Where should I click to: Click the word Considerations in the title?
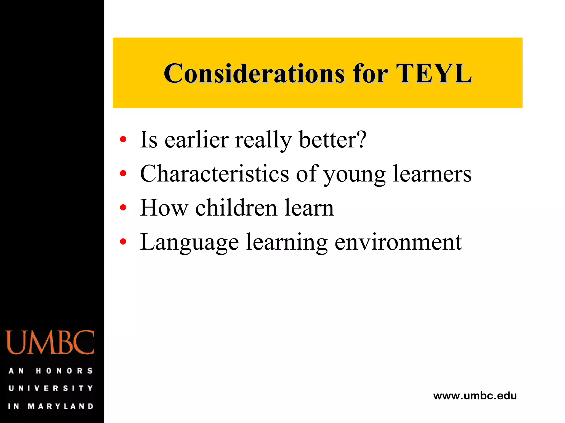point(254,74)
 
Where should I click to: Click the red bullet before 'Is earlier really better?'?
point(123,139)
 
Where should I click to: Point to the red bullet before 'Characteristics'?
point(123,173)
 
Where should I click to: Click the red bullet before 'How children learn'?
point(123,207)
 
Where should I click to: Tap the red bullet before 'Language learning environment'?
point(123,242)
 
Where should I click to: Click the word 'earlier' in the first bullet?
point(196,140)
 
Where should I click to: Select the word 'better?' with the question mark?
point(333,140)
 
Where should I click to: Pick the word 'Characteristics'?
point(214,174)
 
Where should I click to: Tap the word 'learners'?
point(432,174)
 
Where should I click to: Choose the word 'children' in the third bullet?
point(236,208)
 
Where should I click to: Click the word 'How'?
point(164,208)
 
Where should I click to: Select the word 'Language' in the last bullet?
point(190,242)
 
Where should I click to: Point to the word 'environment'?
point(398,242)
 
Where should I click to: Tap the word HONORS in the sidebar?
point(64,371)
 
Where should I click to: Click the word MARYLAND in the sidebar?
point(61,406)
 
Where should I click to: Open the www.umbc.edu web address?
point(475,396)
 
